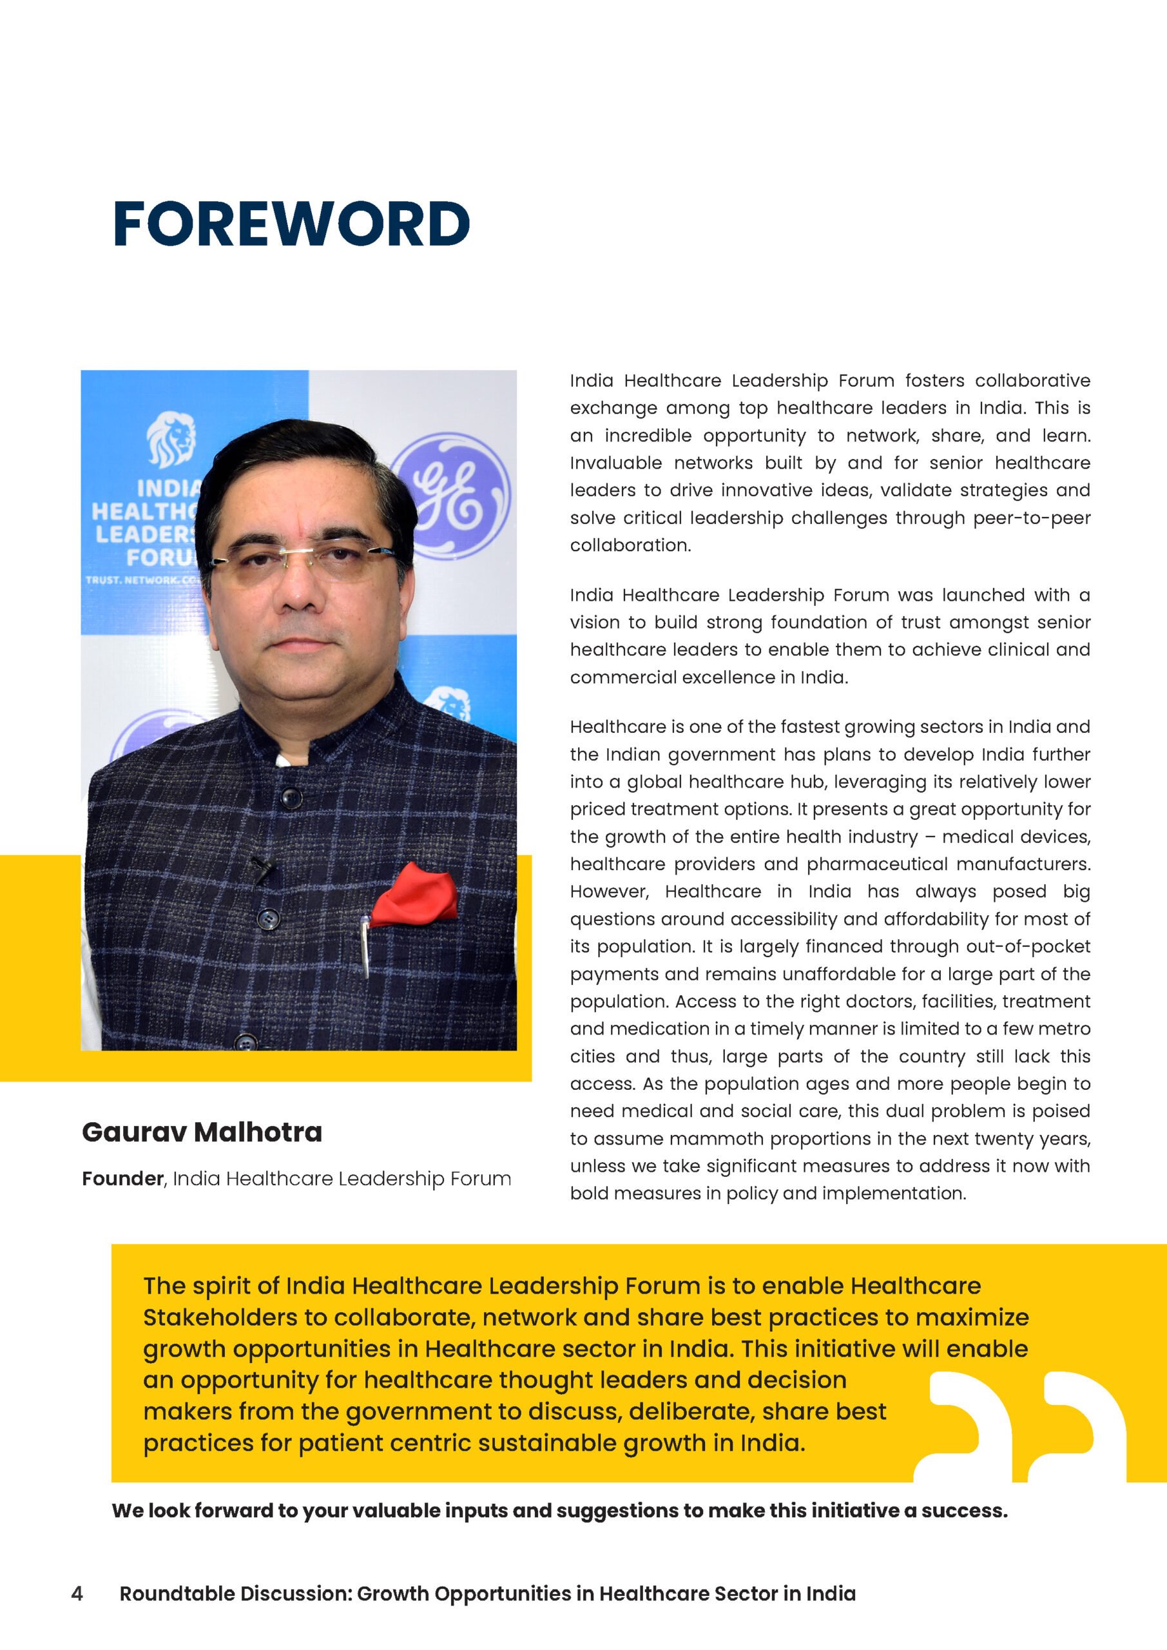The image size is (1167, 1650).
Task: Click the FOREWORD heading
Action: [291, 224]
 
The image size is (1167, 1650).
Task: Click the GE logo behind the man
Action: [452, 495]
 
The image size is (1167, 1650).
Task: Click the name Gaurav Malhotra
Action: [202, 1132]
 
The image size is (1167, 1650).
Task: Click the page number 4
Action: [77, 1593]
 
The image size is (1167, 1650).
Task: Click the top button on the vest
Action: [291, 798]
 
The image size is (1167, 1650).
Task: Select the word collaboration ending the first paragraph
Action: [630, 545]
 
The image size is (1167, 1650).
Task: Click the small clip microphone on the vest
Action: [261, 869]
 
